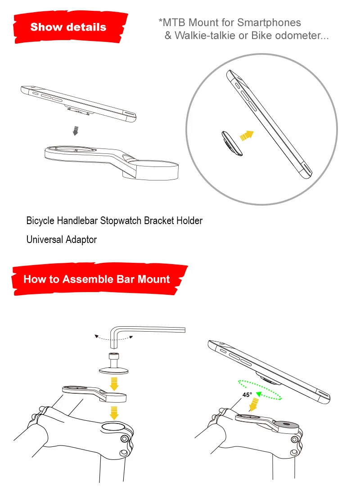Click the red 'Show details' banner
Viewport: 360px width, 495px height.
[70, 27]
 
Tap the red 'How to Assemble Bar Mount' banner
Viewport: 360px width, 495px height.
[99, 279]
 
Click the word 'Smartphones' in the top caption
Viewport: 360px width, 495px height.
[269, 23]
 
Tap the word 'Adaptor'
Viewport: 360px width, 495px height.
[81, 239]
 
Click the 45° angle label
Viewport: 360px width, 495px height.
[247, 395]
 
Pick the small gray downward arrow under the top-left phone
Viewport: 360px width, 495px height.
[75, 130]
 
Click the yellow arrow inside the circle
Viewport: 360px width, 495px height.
[247, 135]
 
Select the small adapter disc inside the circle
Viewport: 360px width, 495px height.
[232, 143]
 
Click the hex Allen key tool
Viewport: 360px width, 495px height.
[147, 335]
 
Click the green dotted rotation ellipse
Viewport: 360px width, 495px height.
[260, 390]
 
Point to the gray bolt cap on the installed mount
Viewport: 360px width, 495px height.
[286, 424]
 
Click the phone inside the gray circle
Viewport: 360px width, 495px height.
[269, 124]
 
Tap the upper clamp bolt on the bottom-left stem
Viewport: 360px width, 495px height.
[124, 439]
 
